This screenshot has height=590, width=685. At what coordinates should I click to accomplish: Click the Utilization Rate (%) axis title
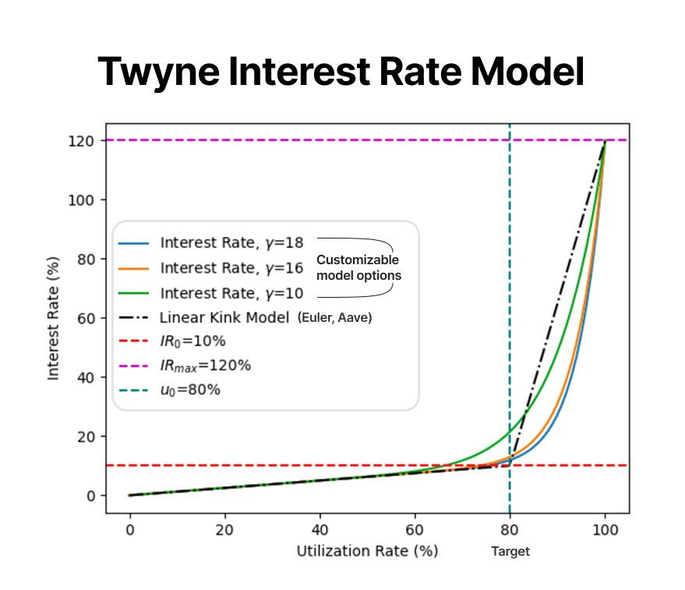coord(367,551)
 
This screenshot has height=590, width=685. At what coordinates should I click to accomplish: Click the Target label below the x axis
coord(510,552)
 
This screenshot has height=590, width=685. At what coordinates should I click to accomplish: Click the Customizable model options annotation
coord(358,267)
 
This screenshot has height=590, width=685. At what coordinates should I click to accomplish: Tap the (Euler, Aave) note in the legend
coord(336,318)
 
